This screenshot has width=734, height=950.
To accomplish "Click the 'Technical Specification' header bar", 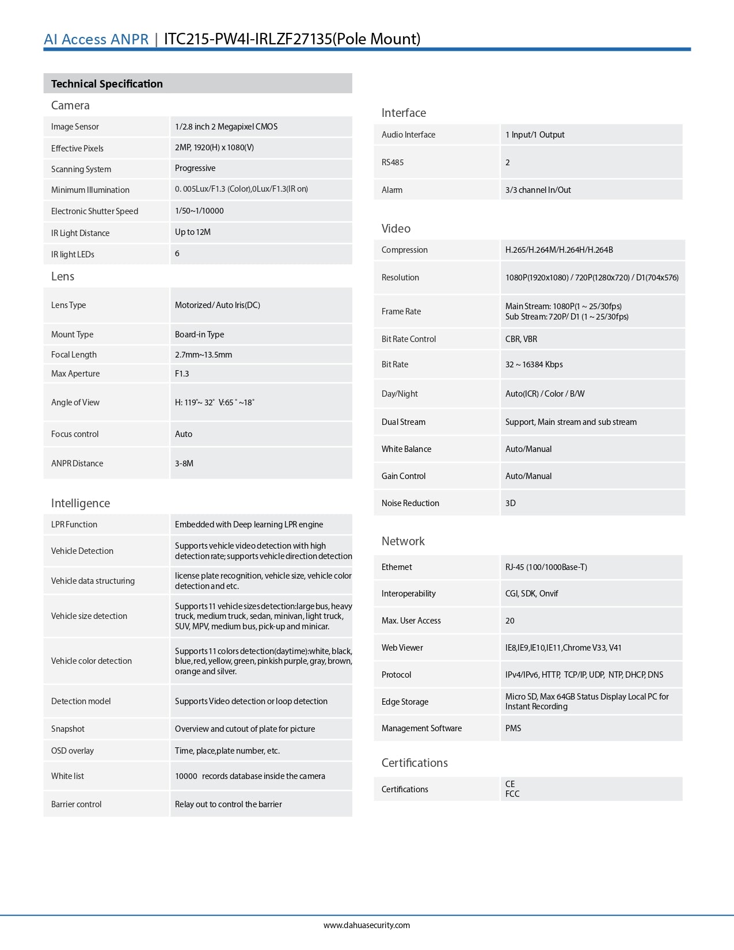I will pos(197,83).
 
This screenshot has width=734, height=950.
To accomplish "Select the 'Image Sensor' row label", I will pos(75,127).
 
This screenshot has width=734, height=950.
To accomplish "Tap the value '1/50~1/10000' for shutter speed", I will pos(199,211).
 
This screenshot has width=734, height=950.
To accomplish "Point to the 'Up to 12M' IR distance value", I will pos(193,232).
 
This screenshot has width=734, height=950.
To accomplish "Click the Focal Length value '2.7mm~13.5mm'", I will pos(203,355).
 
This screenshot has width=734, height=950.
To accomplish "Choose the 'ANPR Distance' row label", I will pos(77,463).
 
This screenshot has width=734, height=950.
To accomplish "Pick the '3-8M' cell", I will pos(184,463).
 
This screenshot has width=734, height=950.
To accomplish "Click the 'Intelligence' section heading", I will pos(81,503).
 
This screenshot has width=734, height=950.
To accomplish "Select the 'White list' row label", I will pos(67,776).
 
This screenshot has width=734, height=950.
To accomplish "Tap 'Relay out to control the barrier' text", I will pos(229,804).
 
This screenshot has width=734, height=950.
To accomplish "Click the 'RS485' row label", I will pos(393,162).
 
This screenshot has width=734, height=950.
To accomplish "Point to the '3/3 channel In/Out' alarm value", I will pos(538,190).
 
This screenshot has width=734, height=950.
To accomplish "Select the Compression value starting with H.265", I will pos(559,250).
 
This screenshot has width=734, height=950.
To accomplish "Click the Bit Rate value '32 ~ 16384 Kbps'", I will pos(534,364).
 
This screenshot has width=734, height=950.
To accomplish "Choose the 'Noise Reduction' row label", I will pos(410,503).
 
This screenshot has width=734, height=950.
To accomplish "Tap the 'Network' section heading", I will pos(403,541).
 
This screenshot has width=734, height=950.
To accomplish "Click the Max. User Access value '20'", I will pos(510,621).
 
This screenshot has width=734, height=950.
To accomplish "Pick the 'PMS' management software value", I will pos(513,728).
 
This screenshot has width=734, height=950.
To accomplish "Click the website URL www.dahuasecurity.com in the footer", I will pos(367,925).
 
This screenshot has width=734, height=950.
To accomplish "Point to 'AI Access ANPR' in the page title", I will pos(96,39).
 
